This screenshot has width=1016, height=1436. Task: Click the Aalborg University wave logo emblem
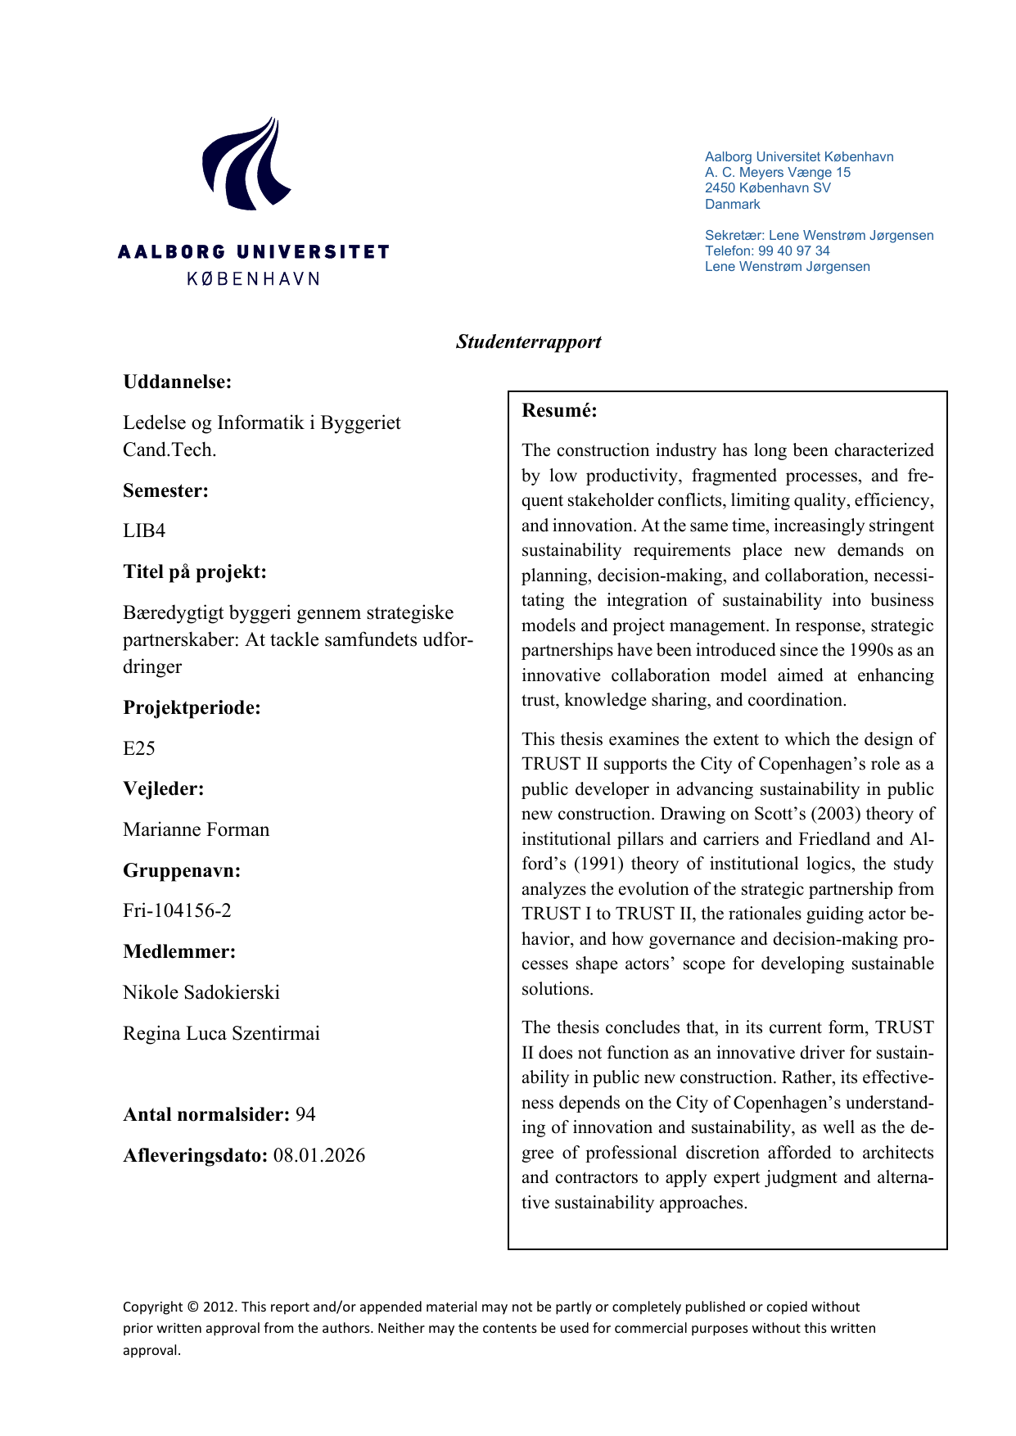point(246,165)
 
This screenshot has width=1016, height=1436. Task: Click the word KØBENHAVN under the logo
point(253,279)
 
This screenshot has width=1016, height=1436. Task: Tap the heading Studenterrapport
point(528,342)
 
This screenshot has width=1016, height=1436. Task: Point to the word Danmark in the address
point(732,204)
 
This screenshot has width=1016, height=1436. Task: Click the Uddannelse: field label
point(177,382)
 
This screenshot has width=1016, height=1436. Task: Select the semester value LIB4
point(144,531)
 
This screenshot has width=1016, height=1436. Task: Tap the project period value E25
point(139,748)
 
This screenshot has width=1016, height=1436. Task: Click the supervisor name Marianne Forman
point(196,829)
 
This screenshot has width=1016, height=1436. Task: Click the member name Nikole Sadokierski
point(201,992)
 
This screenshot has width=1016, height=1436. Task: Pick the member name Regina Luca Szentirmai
point(221,1033)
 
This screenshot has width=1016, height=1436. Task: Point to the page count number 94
point(305,1115)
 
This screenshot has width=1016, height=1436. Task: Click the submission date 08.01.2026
point(319,1156)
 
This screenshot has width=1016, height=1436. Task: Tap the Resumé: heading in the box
point(559,411)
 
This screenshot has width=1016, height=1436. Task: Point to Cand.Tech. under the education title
point(169,450)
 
